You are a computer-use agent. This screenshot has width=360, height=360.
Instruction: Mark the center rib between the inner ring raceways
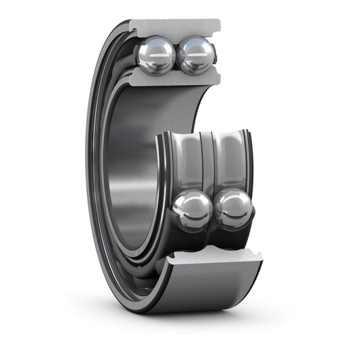tap(211, 160)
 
